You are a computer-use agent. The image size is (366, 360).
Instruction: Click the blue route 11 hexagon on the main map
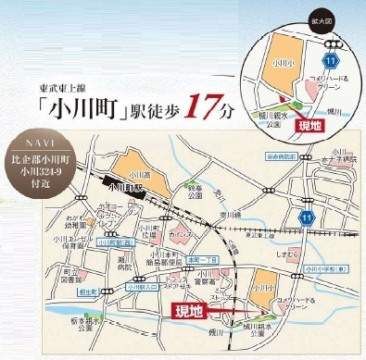pyautogui.click(x=278, y=215)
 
